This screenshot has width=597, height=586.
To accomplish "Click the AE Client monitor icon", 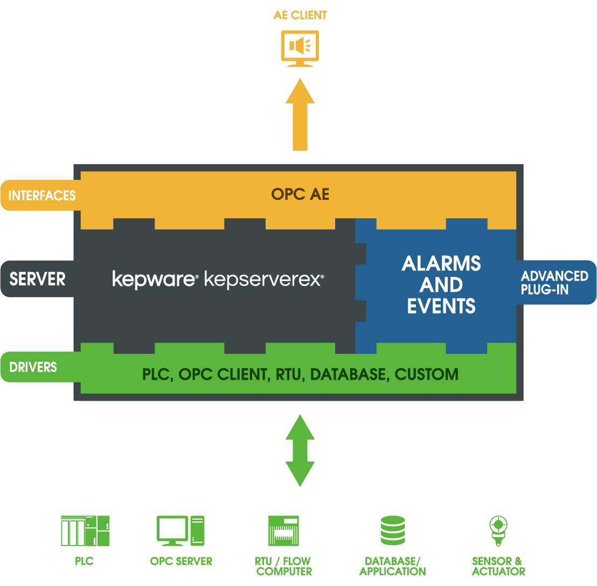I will click(300, 48).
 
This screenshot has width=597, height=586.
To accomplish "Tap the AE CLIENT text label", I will click(300, 15).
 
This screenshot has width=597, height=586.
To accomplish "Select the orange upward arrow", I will click(300, 114).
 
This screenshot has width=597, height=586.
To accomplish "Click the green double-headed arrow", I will click(300, 450).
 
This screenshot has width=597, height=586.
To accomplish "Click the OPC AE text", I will click(300, 194).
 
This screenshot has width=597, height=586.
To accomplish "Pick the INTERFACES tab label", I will click(42, 196).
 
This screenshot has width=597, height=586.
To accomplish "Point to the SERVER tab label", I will click(37, 279).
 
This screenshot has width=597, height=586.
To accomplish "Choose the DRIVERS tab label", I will click(33, 367).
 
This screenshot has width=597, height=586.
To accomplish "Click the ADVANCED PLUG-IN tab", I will click(554, 283).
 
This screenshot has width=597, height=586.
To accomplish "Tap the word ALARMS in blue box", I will click(441, 263).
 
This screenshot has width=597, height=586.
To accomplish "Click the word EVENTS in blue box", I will click(441, 306).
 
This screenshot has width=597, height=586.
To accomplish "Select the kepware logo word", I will click(154, 279).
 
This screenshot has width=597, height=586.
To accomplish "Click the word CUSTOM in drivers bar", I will click(426, 374).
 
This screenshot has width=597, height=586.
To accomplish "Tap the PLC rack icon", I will click(85, 531).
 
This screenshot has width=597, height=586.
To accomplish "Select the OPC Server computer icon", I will click(181, 531).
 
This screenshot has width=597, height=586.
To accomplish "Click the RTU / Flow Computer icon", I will click(283, 531).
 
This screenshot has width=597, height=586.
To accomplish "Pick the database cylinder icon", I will click(392, 531).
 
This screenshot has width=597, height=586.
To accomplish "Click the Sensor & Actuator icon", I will click(498, 529).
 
